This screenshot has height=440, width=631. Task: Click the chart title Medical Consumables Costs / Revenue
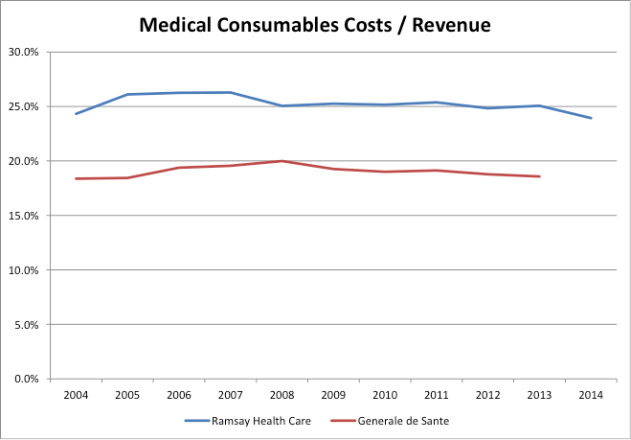click(315, 25)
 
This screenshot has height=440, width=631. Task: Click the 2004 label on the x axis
click(76, 395)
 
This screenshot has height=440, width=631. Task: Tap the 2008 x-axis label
click(282, 395)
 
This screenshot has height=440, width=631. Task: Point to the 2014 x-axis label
click(591, 395)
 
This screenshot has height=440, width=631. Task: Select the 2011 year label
click(437, 395)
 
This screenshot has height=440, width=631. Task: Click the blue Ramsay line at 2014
click(591, 118)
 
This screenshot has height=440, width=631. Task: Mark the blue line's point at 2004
click(76, 114)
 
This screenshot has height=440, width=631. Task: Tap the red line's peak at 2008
click(282, 161)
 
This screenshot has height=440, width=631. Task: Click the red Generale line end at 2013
click(539, 176)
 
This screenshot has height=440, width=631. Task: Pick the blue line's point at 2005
click(127, 94)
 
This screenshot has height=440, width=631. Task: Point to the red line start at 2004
click(76, 178)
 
